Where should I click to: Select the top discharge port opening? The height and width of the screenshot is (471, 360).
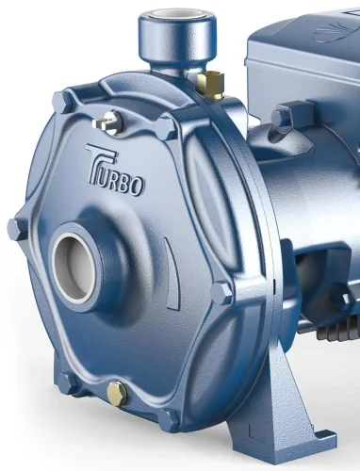click(x=178, y=18)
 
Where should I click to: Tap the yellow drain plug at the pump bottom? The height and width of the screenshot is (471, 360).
click(x=117, y=391)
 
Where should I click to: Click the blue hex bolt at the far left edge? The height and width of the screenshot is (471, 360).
click(x=17, y=229)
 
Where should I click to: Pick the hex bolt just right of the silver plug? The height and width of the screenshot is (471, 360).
click(x=167, y=127)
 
